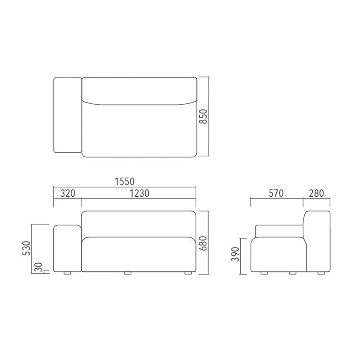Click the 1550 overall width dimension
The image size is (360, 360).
pyautogui.click(x=124, y=181)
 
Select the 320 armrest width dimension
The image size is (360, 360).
pyautogui.click(x=68, y=193)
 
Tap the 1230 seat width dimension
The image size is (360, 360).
pyautogui.click(x=139, y=193)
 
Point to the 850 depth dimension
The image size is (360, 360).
pyautogui.click(x=203, y=117)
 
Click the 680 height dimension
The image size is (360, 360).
pyautogui.click(x=203, y=243)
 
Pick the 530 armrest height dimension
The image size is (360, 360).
pyautogui.click(x=26, y=248)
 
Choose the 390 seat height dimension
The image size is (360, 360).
pyautogui.click(x=235, y=254)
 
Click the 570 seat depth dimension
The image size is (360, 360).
pyautogui.click(x=276, y=193)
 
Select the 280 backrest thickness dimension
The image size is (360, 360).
pyautogui.click(x=316, y=193)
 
